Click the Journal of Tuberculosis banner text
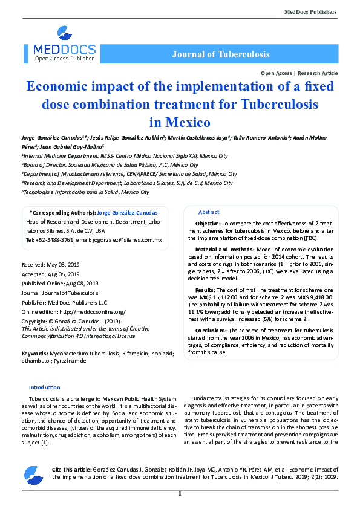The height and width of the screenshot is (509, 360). (x=220, y=54)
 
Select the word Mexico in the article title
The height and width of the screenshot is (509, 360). (x=180, y=122)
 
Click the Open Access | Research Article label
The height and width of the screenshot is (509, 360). (x=299, y=73)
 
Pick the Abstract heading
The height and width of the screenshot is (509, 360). (x=209, y=213)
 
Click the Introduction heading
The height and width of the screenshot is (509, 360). (x=45, y=387)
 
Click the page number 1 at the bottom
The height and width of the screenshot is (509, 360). (x=180, y=494)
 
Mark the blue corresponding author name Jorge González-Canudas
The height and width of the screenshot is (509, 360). (x=128, y=213)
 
